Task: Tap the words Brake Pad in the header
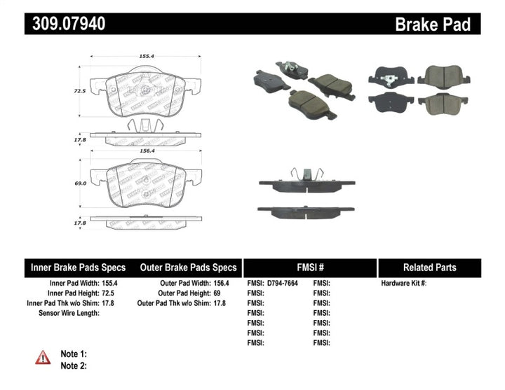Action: (433, 25)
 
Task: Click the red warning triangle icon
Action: (43, 358)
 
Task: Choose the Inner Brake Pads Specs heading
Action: (78, 267)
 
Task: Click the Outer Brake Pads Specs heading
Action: (189, 267)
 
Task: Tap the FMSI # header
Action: (309, 267)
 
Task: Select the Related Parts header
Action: (429, 267)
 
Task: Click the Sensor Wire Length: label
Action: (68, 313)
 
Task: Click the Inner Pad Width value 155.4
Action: (109, 284)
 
